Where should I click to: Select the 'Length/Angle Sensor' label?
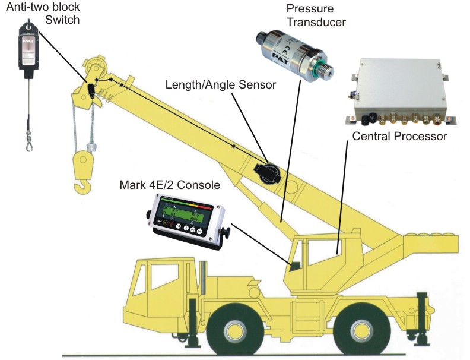pos(221,85)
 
